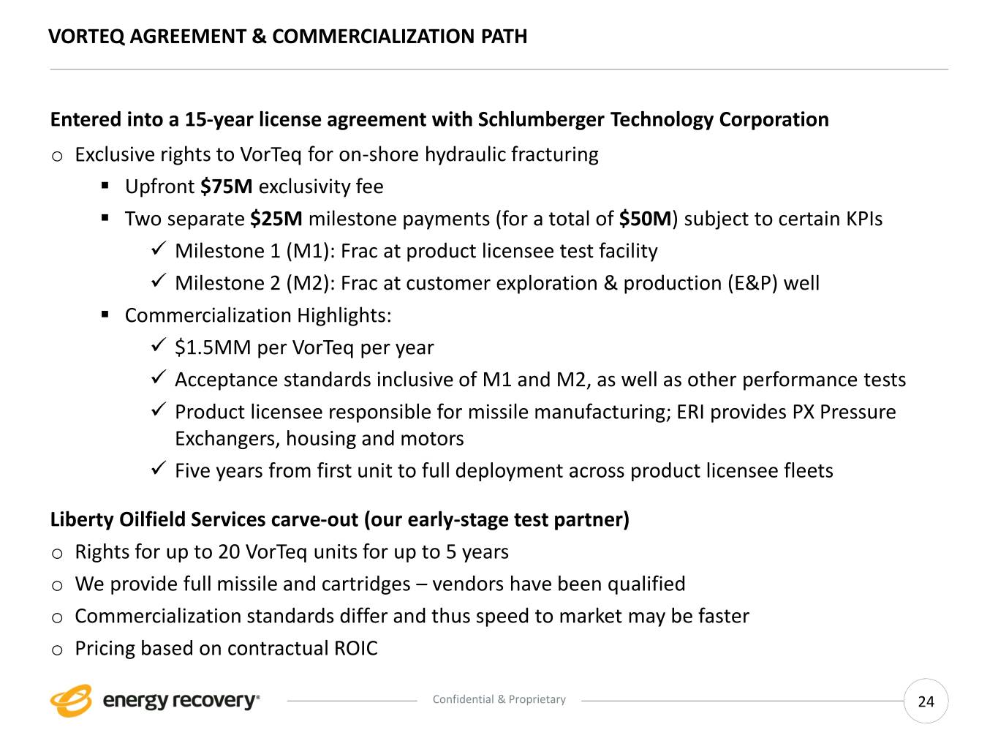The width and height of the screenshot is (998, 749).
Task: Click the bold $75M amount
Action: coord(226,187)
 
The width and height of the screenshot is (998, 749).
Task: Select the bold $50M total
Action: coord(645,219)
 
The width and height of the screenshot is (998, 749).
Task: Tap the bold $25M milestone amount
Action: coord(276,219)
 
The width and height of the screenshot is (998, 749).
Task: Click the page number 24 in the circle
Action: coord(926,701)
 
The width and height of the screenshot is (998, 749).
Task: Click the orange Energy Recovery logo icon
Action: coord(71,701)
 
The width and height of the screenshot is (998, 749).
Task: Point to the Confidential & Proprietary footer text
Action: coord(499,699)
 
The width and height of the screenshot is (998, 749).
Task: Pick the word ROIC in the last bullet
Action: coord(356,648)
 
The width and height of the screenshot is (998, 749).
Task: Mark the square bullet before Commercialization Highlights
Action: coord(105,315)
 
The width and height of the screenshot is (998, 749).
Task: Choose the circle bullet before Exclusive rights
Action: coord(57,155)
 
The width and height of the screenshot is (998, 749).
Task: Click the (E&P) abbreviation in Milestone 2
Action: coord(752,283)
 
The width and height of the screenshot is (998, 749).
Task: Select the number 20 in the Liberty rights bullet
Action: coord(229,552)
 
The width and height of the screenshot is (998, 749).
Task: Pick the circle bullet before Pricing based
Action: coord(57,650)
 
